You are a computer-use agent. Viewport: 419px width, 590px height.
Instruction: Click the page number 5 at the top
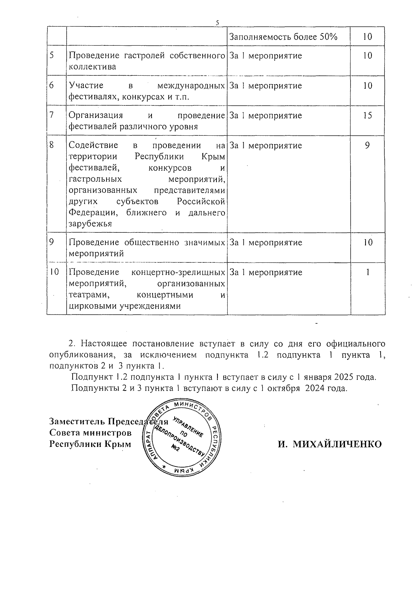pyautogui.click(x=217, y=23)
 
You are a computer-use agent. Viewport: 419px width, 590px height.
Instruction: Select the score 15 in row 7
pyautogui.click(x=367, y=115)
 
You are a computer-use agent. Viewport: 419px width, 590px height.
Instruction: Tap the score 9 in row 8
pyautogui.click(x=367, y=145)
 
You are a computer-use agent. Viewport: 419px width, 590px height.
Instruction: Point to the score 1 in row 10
pyautogui.click(x=368, y=272)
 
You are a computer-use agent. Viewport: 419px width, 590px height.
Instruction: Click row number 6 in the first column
pyautogui.click(x=51, y=85)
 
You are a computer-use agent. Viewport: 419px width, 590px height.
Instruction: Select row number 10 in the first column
pyautogui.click(x=54, y=272)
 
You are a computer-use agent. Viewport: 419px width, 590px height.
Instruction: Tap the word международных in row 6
pyautogui.click(x=191, y=86)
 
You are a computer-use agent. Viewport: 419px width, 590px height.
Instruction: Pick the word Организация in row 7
pyautogui.click(x=96, y=115)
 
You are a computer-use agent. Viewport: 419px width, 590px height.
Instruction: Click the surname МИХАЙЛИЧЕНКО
pyautogui.click(x=330, y=444)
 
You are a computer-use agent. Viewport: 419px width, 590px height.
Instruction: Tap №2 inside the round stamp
pyautogui.click(x=176, y=449)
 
